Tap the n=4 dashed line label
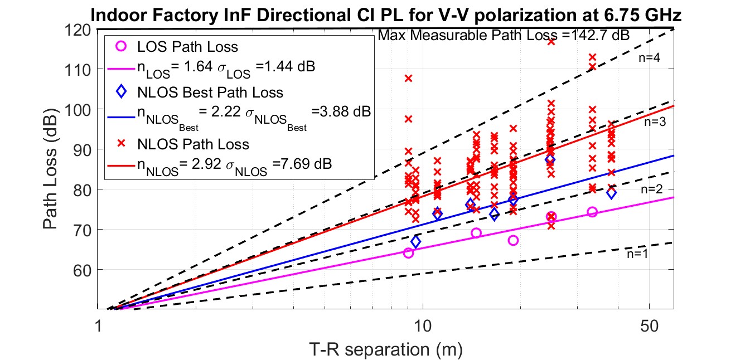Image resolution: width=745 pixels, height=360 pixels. click(649, 57)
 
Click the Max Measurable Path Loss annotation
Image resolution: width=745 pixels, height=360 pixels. click(504, 36)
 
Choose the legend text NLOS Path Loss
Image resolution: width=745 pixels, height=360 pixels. click(193, 144)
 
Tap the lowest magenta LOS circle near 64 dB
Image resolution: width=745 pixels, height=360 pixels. click(408, 253)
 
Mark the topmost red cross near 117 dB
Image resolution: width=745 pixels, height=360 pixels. click(551, 41)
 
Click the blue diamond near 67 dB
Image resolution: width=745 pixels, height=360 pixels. click(415, 242)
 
